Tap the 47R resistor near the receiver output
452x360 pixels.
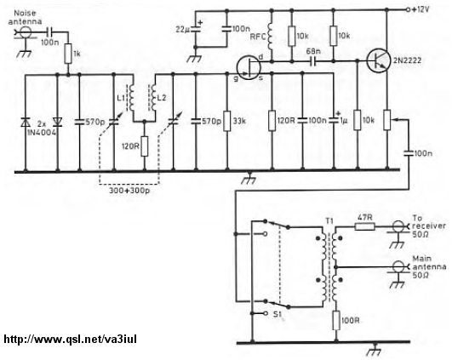click(364, 227)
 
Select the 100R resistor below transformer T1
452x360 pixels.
click(336, 320)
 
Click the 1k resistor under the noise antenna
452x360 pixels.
click(68, 54)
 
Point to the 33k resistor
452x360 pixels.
click(227, 121)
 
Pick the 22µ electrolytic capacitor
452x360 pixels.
click(196, 28)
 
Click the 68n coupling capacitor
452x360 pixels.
click(312, 60)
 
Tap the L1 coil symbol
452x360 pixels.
click(131, 96)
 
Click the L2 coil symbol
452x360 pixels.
click(152, 97)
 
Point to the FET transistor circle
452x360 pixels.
click(249, 68)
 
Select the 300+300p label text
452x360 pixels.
click(129, 191)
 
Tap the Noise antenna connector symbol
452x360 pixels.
click(25, 32)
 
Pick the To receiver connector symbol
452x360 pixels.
click(398, 226)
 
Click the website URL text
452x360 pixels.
click(71, 339)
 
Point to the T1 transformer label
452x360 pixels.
click(329, 220)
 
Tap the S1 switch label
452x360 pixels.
click(277, 314)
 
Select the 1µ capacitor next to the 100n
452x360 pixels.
click(335, 120)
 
